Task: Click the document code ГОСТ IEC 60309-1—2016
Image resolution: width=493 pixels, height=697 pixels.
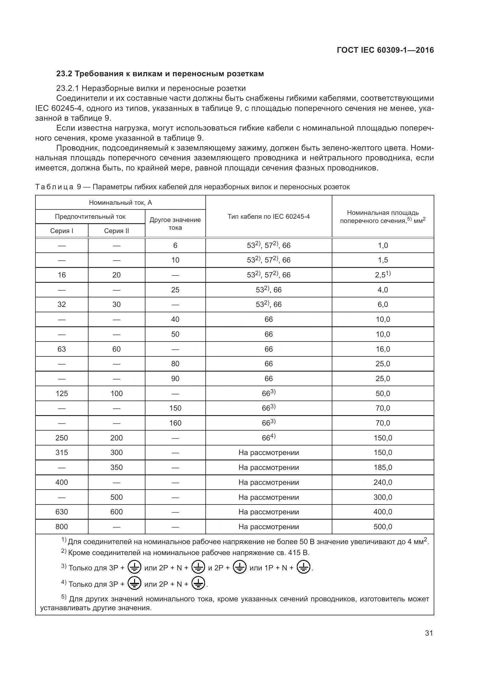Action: (x=385, y=50)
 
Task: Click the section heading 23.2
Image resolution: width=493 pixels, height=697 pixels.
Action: (x=160, y=74)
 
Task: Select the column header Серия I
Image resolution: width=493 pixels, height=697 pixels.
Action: (x=62, y=231)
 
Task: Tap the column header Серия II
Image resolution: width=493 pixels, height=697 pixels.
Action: (x=116, y=231)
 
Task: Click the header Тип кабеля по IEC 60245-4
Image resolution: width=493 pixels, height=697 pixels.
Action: (x=268, y=216)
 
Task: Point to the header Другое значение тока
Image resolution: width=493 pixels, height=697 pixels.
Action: (x=175, y=223)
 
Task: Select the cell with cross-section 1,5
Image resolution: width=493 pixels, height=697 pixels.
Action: (x=382, y=260)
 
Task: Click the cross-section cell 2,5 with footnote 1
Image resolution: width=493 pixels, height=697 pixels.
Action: (x=382, y=275)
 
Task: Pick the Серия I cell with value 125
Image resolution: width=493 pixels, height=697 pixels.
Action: (x=62, y=393)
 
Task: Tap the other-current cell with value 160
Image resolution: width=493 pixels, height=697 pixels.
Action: (x=175, y=423)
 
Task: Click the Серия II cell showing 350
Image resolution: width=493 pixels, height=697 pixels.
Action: (x=116, y=467)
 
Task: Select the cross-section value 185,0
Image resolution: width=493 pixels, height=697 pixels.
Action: (x=382, y=467)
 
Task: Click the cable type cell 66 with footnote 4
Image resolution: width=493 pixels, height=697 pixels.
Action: (x=268, y=438)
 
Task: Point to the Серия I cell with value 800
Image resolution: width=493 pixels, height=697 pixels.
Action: (x=62, y=527)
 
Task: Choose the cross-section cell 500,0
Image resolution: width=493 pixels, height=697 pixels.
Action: (x=382, y=527)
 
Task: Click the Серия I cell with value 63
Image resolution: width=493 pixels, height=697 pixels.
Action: (x=62, y=349)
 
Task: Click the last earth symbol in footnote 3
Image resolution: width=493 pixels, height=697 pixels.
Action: (x=303, y=567)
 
